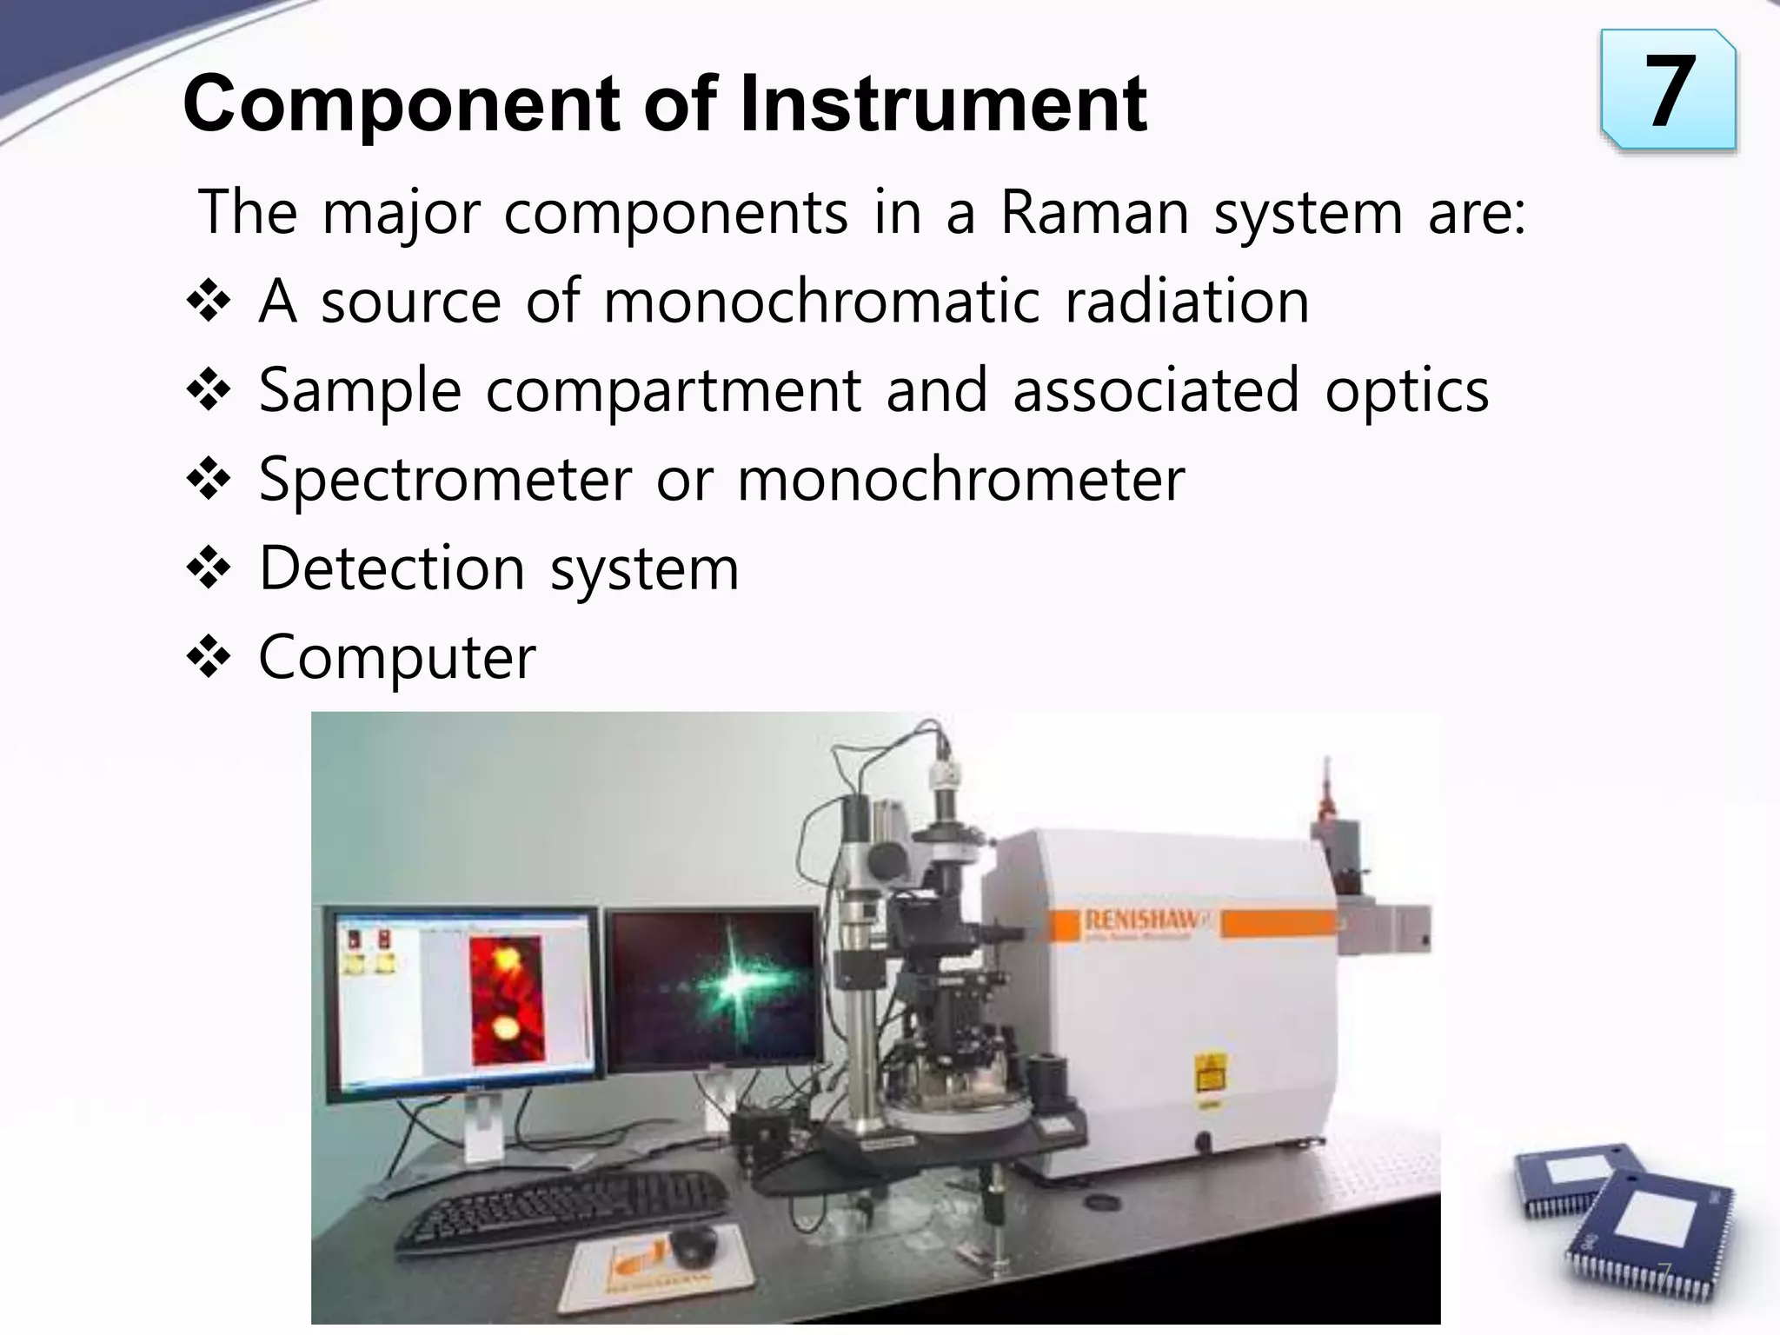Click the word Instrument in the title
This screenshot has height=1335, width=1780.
[x=943, y=104]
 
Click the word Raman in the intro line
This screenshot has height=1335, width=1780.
[x=1094, y=212]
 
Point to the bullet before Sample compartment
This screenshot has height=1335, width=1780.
[x=209, y=390]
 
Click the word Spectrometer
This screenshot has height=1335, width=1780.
[x=445, y=480]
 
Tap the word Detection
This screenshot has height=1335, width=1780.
[x=392, y=568]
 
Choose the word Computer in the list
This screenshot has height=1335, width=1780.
[x=397, y=658]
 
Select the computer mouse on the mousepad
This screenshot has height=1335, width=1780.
[x=693, y=1245]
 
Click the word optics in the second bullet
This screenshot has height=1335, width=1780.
[x=1406, y=390]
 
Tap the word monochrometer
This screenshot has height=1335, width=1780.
[x=960, y=480]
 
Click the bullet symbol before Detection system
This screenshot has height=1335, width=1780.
[x=209, y=568]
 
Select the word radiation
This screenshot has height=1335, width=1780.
[x=1186, y=302]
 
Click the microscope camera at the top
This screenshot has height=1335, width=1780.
[x=945, y=774]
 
